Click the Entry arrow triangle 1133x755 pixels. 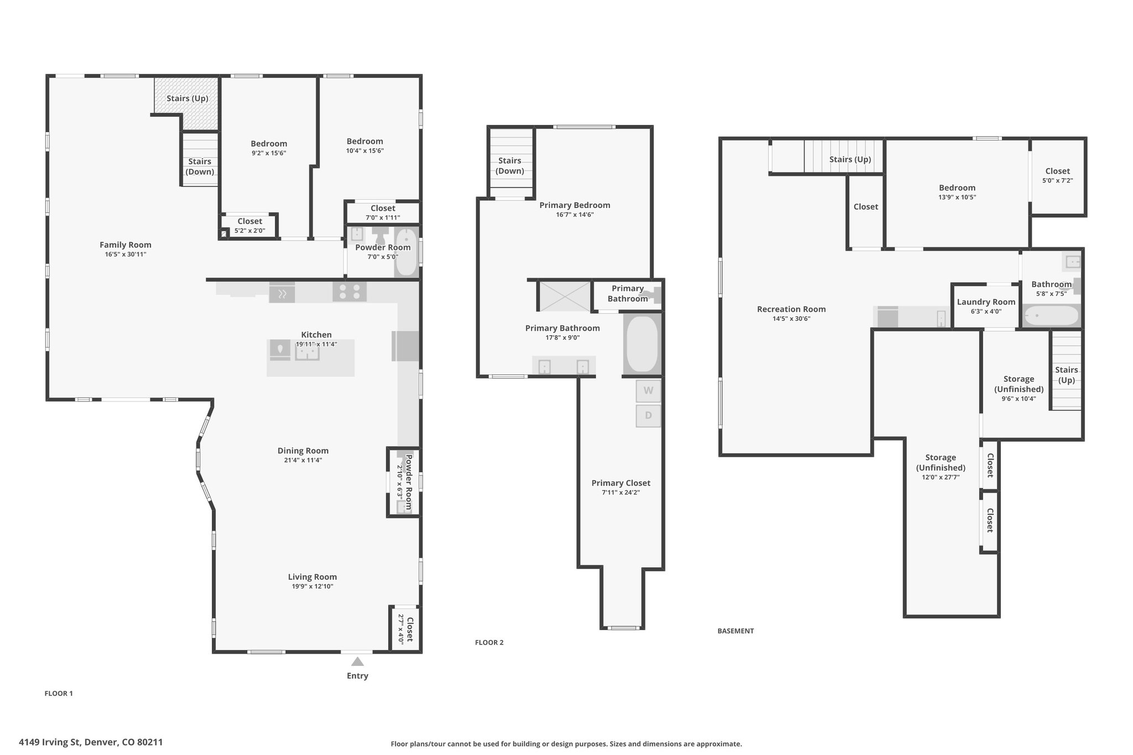click(x=357, y=662)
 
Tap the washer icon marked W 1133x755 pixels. click(x=648, y=390)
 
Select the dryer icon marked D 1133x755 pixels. click(x=648, y=415)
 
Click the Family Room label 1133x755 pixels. click(x=126, y=244)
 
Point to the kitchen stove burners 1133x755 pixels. click(x=349, y=291)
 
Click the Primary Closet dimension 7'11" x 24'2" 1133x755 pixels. click(x=621, y=492)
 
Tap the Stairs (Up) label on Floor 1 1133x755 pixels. click(x=187, y=98)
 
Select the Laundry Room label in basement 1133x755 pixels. click(x=986, y=302)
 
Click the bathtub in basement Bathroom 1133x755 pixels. click(x=1051, y=316)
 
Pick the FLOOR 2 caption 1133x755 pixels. click(x=489, y=642)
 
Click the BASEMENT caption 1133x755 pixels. click(x=735, y=631)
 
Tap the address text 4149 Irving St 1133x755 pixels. click(x=91, y=742)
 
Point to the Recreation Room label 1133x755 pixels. click(x=791, y=309)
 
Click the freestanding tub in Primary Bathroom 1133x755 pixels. click(x=642, y=343)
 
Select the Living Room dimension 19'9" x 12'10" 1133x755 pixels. click(x=313, y=586)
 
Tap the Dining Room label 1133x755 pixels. click(x=303, y=451)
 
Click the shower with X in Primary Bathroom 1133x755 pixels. click(x=564, y=296)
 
